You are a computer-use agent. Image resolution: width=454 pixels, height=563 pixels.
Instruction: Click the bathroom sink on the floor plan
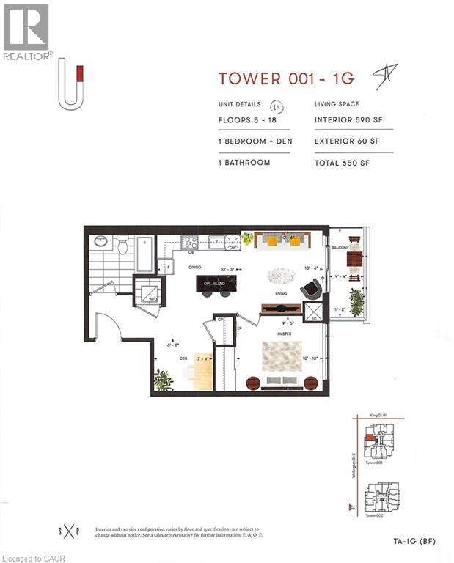click(x=100, y=241)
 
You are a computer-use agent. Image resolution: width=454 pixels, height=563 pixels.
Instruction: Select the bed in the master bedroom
click(x=282, y=360)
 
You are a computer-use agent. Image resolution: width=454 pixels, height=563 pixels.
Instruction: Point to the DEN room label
click(x=186, y=359)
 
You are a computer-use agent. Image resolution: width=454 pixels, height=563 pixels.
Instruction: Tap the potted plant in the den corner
click(x=163, y=380)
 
